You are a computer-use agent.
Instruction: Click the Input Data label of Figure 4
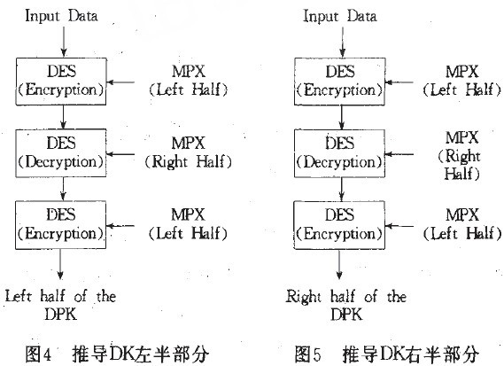coord(61,16)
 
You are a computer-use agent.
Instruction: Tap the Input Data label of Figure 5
coord(340,16)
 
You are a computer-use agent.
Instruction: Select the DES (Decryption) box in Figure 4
coord(61,153)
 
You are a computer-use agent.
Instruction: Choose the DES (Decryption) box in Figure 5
coord(340,153)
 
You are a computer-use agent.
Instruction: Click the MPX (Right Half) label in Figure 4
coord(188,152)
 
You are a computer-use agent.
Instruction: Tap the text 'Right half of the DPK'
coord(346,305)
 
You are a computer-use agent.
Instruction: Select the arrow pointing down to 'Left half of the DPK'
coord(60,264)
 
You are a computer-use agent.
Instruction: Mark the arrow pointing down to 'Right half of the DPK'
coord(339,264)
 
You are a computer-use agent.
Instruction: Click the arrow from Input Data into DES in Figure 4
coord(64,42)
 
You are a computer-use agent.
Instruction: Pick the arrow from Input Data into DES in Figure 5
coord(343,42)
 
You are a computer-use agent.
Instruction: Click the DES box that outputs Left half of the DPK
coord(61,225)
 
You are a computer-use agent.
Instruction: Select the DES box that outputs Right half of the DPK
coord(339,225)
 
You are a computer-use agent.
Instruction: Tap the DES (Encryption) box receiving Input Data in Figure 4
coord(61,82)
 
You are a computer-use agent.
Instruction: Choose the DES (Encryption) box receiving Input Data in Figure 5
coord(340,82)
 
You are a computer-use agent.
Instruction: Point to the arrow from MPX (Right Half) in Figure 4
coord(120,154)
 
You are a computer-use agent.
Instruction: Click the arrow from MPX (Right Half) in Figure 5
coord(399,154)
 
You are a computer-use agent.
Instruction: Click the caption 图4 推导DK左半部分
coord(117,354)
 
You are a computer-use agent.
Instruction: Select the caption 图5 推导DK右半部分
coord(387,354)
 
